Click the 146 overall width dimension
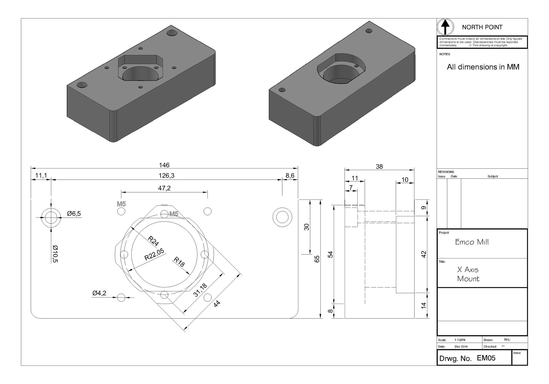tap(164, 165)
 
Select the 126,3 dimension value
tap(166, 176)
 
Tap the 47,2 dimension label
tap(164, 188)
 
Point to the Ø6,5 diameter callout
tap(74, 214)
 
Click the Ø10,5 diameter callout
tap(55, 254)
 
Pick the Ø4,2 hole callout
tap(99, 293)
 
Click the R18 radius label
tap(179, 262)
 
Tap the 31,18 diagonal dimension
tap(200, 290)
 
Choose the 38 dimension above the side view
tap(379, 167)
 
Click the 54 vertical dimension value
tap(331, 254)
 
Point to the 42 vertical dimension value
tap(424, 254)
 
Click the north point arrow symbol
tap(445, 27)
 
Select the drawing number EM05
tap(486, 358)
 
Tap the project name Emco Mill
tap(472, 242)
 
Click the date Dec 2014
tap(461, 347)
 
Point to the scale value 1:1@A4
tap(460, 340)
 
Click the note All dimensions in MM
tap(483, 67)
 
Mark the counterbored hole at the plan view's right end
tap(282, 217)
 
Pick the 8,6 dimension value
tap(290, 176)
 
